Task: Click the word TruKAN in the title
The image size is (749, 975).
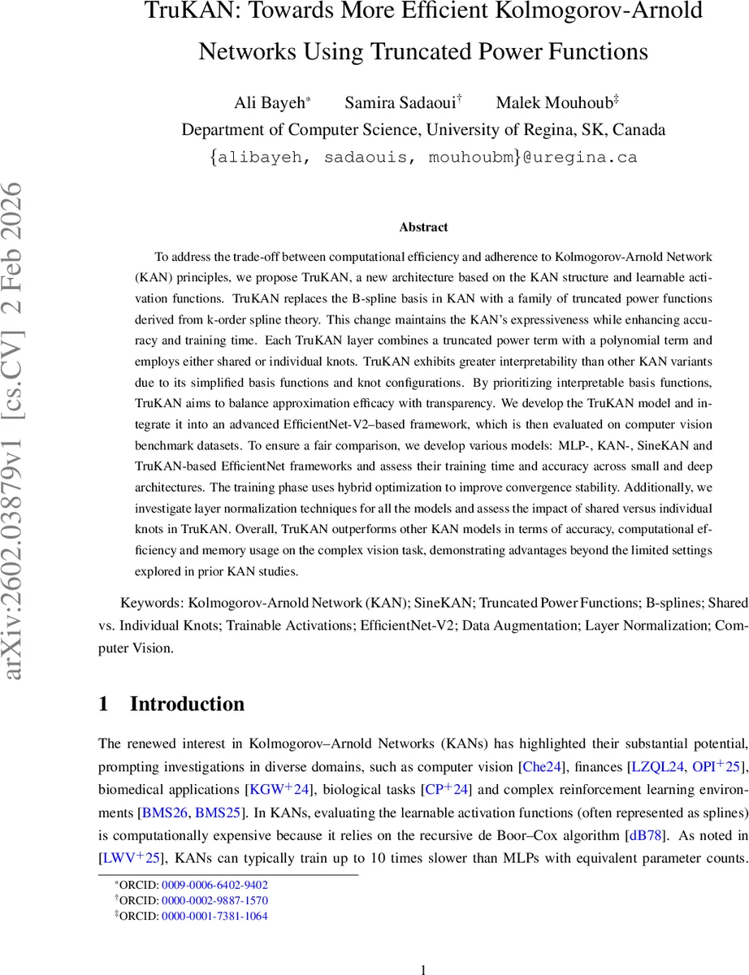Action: tap(187, 12)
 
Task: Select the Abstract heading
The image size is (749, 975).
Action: tap(423, 227)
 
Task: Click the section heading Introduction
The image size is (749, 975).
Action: tap(187, 704)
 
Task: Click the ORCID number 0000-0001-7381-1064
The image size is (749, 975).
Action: tap(215, 916)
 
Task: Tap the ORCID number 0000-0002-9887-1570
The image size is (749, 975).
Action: tap(215, 900)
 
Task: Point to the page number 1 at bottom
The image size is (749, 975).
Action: tap(422, 969)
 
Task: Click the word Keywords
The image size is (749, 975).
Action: tap(150, 604)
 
